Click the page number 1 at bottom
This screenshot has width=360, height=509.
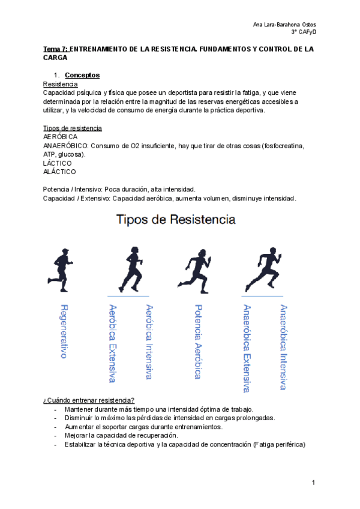point(313,483)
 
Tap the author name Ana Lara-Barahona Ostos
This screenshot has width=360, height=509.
point(284,24)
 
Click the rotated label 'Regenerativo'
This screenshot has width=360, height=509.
point(64,331)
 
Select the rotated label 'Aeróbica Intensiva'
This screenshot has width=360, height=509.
point(149,341)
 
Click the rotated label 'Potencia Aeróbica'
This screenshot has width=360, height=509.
point(197,341)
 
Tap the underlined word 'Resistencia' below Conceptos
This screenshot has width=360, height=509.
point(60,85)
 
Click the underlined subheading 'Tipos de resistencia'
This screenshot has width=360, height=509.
point(73,128)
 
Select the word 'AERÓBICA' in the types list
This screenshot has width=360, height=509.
point(60,137)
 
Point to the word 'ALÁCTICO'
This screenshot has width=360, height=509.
point(59,172)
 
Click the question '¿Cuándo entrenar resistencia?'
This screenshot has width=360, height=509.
point(89,400)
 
